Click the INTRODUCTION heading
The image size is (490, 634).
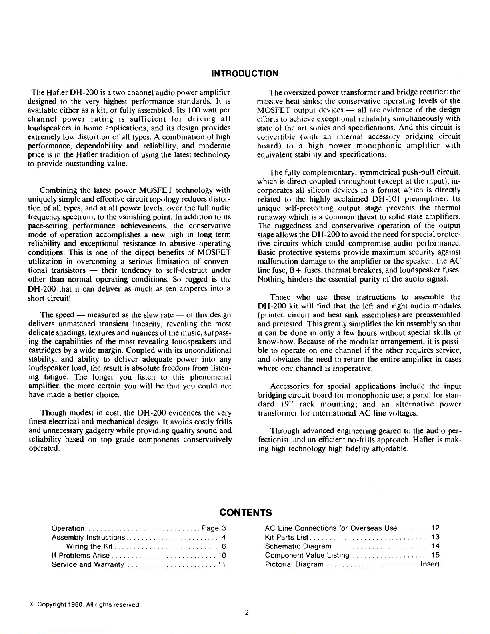pyautogui.click(x=245, y=73)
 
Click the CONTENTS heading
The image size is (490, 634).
pyautogui.click(x=246, y=512)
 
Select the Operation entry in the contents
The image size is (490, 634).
pyautogui.click(x=68, y=528)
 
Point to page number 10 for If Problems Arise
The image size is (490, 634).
pyautogui.click(x=222, y=555)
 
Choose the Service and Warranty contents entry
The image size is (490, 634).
pyautogui.click(x=88, y=564)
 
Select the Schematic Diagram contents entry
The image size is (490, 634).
pyautogui.click(x=298, y=546)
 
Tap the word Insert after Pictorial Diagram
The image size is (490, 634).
pyautogui.click(x=430, y=564)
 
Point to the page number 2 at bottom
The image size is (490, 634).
pyautogui.click(x=247, y=612)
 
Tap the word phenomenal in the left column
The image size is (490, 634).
pyautogui.click(x=210, y=377)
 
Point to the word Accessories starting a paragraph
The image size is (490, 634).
pyautogui.click(x=290, y=386)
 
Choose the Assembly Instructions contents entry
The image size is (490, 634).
pyautogui.click(x=89, y=538)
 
